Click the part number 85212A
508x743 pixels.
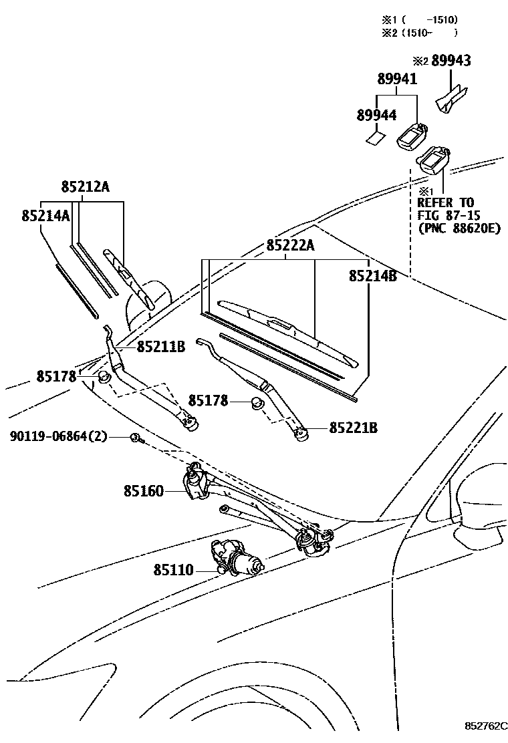85,187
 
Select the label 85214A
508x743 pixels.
45,216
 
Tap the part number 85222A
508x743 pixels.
290,245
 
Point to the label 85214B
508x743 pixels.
372,275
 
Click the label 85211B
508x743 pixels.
160,347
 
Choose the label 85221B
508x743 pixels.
353,428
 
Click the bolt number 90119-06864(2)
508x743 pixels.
58,436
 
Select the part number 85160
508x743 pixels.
143,491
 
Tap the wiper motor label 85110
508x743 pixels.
173,570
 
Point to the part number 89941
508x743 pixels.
396,79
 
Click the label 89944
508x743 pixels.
376,115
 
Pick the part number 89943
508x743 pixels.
451,61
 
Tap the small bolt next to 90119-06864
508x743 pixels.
136,438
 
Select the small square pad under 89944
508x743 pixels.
376,138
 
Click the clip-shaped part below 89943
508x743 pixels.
452,98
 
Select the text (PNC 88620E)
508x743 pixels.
459,228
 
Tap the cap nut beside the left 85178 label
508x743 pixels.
104,379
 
